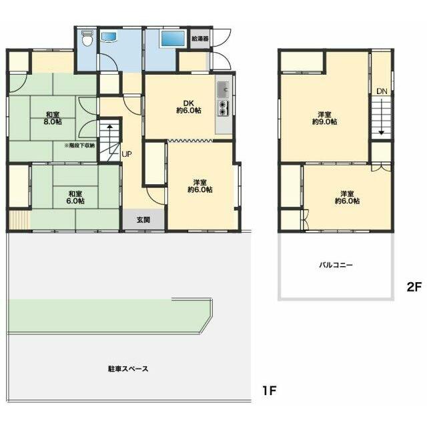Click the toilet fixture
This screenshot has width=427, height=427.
87,39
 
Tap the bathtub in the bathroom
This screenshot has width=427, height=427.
173,39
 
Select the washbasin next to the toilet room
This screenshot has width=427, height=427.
109,37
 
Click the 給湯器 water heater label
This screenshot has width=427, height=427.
200,39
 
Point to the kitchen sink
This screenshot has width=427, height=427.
223,89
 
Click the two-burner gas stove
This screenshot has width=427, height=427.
223,108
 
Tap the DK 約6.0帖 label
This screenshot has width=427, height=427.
189,107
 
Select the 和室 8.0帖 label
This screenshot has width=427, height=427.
53,118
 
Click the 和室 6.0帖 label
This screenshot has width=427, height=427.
75,197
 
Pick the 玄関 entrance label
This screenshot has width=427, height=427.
143,220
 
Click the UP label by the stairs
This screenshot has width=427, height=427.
127,154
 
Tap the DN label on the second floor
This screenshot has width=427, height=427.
382,91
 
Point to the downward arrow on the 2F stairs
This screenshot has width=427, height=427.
382,117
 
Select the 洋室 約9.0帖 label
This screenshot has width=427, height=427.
325,118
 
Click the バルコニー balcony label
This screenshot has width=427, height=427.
336,265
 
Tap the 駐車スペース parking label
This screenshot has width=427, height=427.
128,369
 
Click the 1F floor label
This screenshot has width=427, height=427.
270,391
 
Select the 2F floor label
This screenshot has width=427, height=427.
414,287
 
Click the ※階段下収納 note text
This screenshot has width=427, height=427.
79,145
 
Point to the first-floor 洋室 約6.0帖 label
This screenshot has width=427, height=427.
200,185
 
